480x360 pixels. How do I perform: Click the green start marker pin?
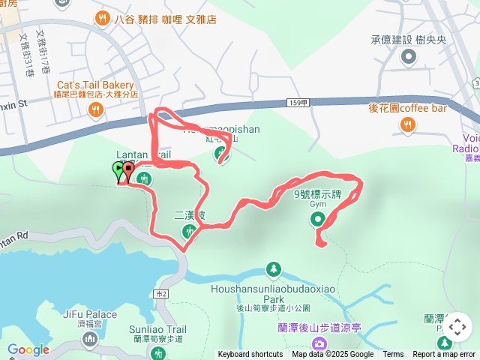coord(118,171)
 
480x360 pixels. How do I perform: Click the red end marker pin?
coord(127,172)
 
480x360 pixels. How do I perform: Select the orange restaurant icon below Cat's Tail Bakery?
coord(95,111)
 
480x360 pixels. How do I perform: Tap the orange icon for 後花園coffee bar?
coord(408,125)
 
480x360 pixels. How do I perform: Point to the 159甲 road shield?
coord(298,103)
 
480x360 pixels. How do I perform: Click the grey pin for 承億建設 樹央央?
coord(409,56)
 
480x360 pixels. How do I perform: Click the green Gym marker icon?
coord(317,219)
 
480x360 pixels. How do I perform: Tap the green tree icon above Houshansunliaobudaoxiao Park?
coord(274,268)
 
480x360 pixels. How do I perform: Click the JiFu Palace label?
coord(90,314)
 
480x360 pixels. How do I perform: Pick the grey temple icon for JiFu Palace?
coord(90,340)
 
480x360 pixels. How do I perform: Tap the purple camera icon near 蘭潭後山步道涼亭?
coord(319,343)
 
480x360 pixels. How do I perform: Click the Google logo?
coord(28,349)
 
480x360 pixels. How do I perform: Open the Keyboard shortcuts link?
coord(250,355)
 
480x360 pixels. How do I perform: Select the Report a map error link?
coord(444,355)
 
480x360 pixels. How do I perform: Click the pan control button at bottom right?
coord(457,327)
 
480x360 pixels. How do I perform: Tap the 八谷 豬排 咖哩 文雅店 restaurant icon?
coord(99,19)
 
